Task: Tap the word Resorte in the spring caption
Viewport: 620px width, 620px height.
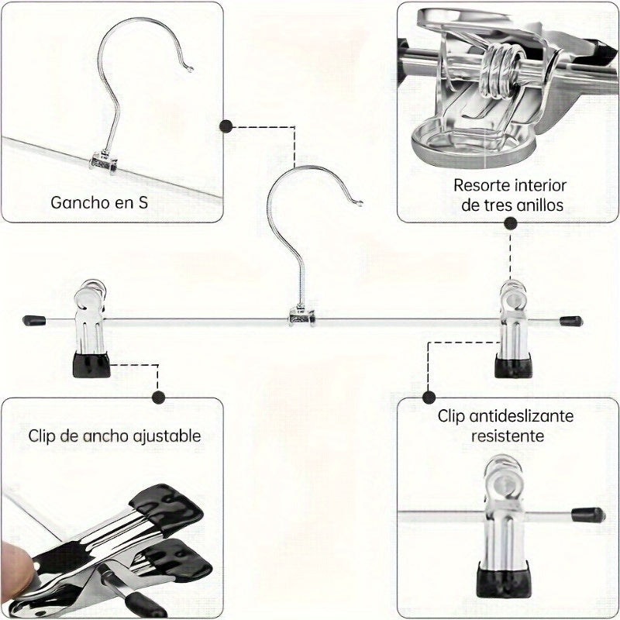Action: [x=480, y=186]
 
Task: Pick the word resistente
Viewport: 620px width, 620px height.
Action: [x=506, y=436]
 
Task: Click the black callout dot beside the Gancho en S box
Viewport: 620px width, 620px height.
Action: [x=226, y=126]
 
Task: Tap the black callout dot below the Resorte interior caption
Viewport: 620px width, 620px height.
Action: [x=511, y=223]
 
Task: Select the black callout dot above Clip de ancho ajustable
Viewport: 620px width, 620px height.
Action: [x=159, y=398]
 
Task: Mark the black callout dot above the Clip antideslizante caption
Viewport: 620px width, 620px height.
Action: [x=428, y=398]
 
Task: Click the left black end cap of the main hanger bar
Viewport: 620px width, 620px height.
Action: [x=33, y=319]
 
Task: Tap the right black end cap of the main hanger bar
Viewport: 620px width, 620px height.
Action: [x=571, y=320]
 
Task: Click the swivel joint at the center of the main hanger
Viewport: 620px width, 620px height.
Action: [x=301, y=316]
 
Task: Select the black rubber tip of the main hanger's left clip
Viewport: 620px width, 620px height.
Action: [x=91, y=365]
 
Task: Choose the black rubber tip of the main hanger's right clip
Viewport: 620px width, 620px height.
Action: [x=512, y=366]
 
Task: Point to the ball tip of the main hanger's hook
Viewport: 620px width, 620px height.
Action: [x=360, y=204]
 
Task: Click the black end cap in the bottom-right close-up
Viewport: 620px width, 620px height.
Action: [x=588, y=514]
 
